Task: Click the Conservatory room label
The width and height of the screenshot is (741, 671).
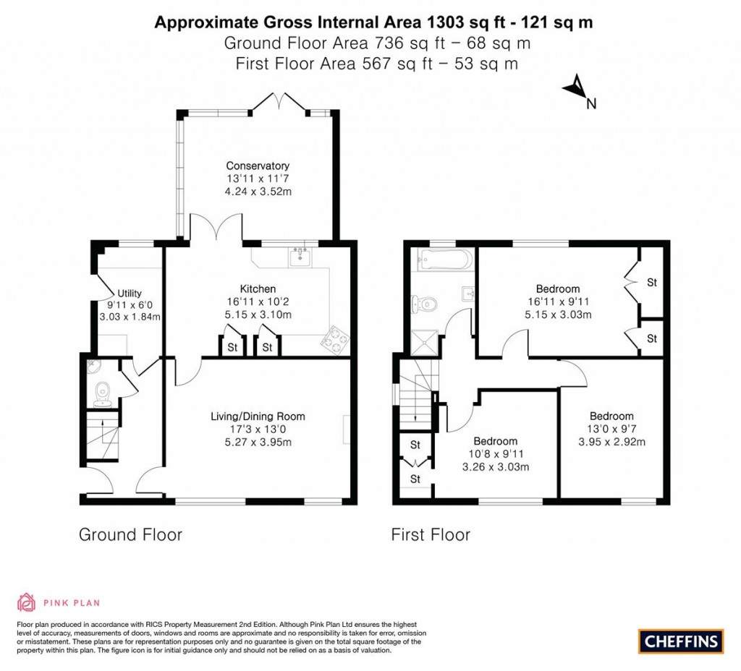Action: (x=257, y=166)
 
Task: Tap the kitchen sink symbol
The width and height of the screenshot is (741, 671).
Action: (x=298, y=257)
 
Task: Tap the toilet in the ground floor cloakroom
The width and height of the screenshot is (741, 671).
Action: (x=101, y=391)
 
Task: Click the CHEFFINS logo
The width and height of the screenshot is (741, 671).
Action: (x=680, y=641)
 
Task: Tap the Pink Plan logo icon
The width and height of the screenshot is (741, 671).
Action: (x=26, y=602)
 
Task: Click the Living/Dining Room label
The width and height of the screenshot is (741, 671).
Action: (x=258, y=416)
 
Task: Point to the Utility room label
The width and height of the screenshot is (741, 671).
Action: (x=130, y=293)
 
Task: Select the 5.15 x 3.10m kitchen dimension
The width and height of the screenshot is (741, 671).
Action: (x=257, y=315)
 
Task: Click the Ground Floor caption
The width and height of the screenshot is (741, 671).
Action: (x=130, y=535)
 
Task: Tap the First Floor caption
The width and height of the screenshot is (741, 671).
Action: (x=431, y=535)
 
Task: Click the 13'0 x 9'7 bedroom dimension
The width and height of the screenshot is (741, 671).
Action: (x=611, y=429)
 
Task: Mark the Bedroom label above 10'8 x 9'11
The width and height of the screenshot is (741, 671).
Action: (x=495, y=441)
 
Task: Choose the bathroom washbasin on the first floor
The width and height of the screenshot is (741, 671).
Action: (x=467, y=293)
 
